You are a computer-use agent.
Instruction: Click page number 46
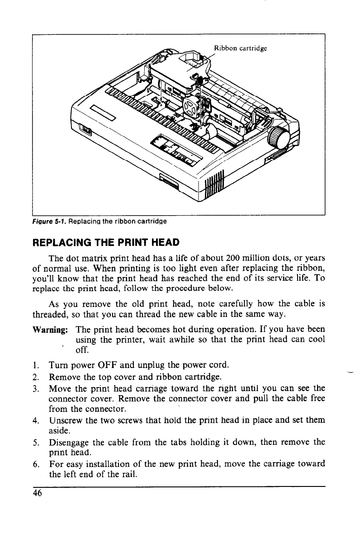click(x=37, y=493)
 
